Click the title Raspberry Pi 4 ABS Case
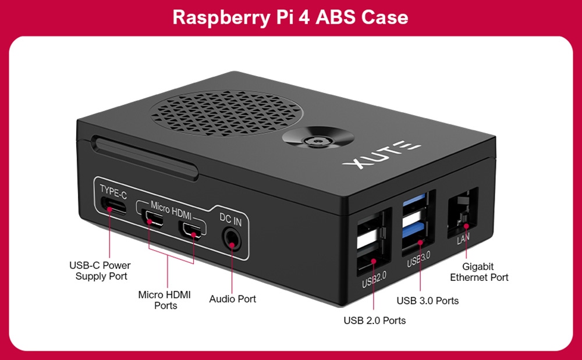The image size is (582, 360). (290, 17)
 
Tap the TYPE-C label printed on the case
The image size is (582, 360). (113, 190)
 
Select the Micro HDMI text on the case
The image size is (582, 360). (171, 206)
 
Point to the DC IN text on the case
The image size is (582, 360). (230, 219)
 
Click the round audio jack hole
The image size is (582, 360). (232, 238)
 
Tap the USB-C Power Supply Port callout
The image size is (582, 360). (100, 271)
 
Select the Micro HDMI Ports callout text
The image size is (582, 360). (165, 300)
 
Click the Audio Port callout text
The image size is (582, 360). (232, 299)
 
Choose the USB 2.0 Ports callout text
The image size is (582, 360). (374, 320)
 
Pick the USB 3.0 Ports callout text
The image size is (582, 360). (427, 301)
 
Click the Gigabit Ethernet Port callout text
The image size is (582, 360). (479, 272)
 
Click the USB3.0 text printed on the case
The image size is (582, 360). (418, 261)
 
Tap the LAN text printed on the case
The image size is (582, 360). (463, 239)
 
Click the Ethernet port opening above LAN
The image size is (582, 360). (463, 212)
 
